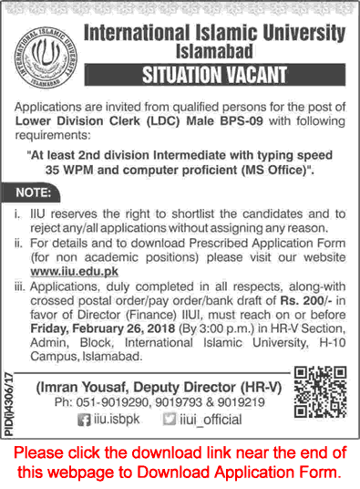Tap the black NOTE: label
pyautogui.click(x=36, y=192)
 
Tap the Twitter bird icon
pyautogui.click(x=193, y=420)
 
